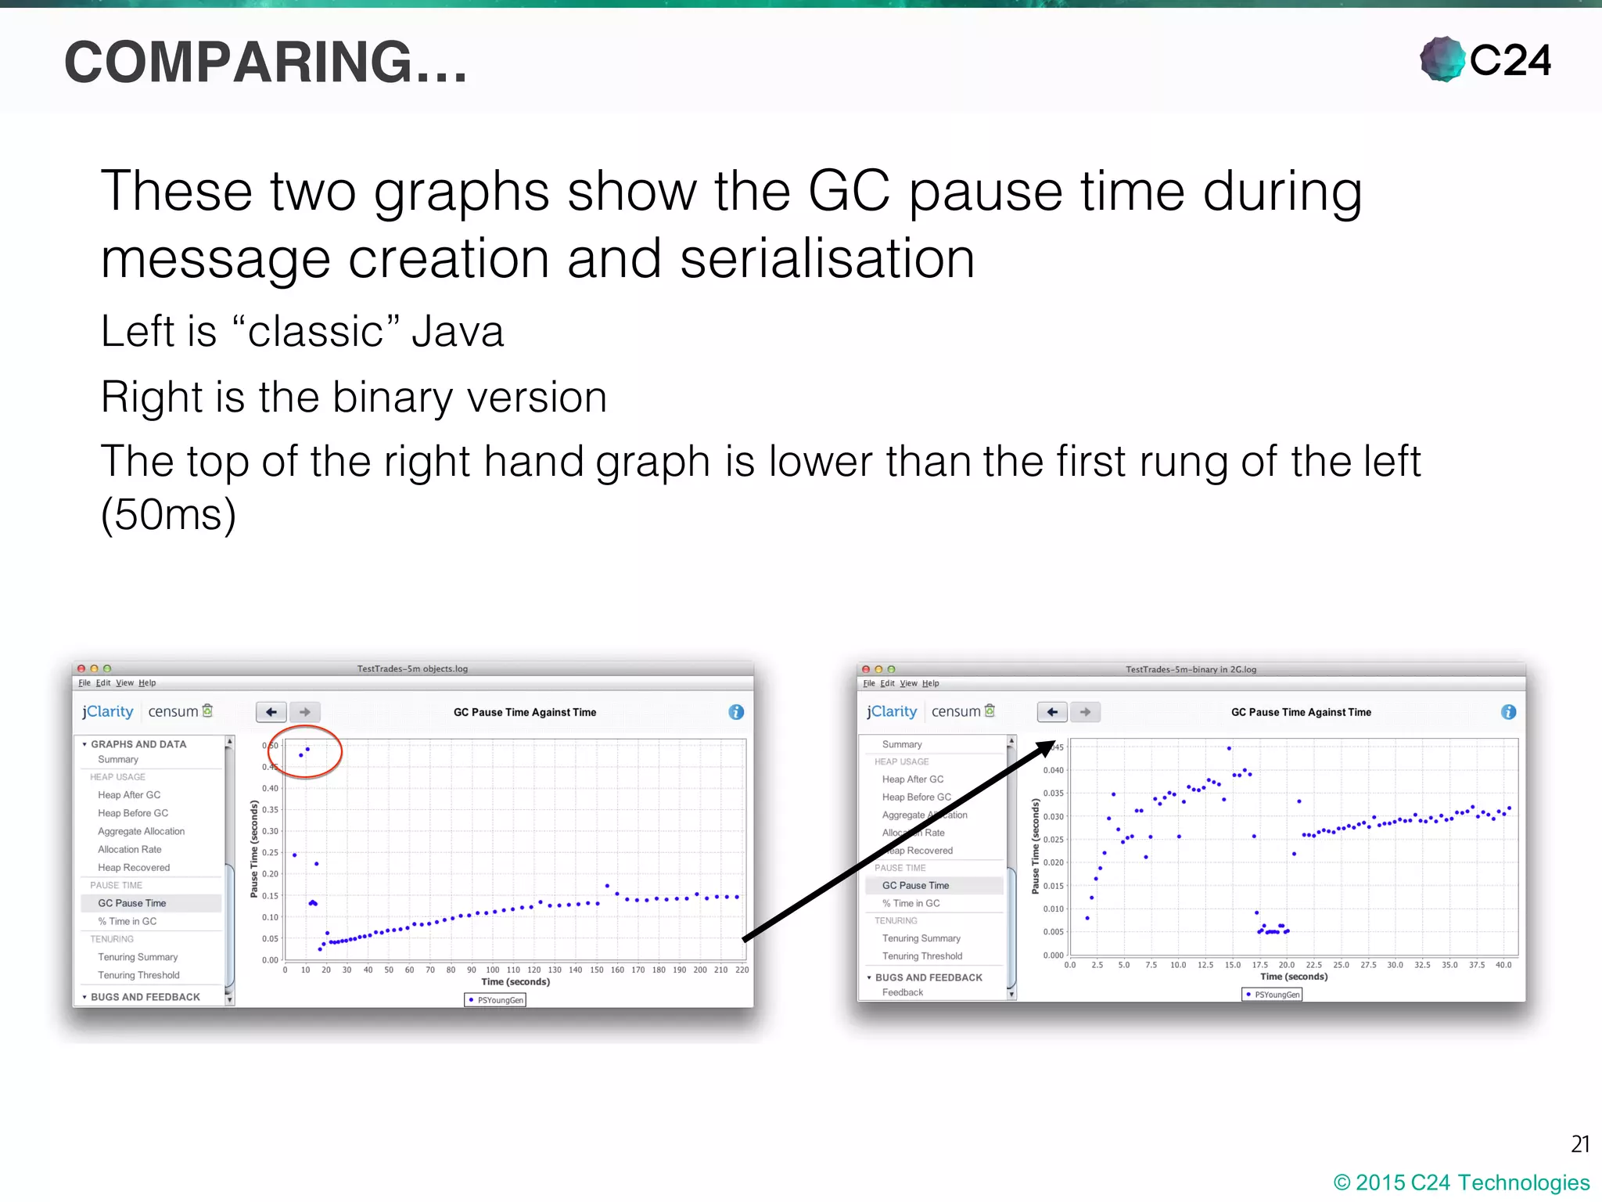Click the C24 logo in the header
[x=1485, y=59]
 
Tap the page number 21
[x=1579, y=1144]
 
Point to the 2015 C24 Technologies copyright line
[x=1461, y=1182]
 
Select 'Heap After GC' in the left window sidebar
[x=129, y=795]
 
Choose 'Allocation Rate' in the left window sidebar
[x=130, y=850]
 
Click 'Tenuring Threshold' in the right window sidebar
[x=922, y=956]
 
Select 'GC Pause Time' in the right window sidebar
[x=915, y=886]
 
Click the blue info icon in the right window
[x=1508, y=712]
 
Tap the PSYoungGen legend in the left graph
[x=495, y=1000]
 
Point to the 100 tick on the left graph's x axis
[x=492, y=970]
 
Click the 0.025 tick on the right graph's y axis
[x=1053, y=840]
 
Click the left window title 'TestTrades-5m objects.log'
[x=412, y=669]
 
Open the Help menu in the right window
[x=930, y=683]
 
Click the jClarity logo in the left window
[x=108, y=711]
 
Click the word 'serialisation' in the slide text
[x=827, y=259]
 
